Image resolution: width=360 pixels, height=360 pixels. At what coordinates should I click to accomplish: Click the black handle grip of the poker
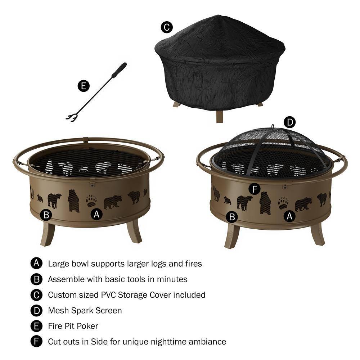tap(119, 70)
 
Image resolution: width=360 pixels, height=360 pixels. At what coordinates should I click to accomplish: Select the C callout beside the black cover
tap(166, 27)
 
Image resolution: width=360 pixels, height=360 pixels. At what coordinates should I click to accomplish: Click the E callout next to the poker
tap(84, 86)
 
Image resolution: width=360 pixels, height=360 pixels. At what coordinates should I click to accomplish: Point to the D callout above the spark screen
tap(289, 122)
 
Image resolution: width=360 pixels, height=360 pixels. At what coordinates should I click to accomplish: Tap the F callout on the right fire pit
tap(255, 189)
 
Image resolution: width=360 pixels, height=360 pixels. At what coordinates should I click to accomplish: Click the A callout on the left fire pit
tap(96, 214)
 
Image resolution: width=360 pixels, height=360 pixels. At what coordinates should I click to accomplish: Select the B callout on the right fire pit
tap(232, 217)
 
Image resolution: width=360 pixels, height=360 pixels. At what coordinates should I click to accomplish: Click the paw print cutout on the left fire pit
tap(91, 201)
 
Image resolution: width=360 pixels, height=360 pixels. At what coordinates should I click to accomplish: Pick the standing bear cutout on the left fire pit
tap(73, 201)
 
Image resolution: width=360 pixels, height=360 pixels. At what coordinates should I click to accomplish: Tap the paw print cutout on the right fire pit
tap(283, 203)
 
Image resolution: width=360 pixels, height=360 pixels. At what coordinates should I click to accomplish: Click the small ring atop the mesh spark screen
tap(273, 127)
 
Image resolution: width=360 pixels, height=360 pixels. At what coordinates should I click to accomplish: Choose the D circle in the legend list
tap(36, 310)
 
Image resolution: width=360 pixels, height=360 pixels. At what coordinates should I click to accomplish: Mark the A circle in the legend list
tap(36, 264)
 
